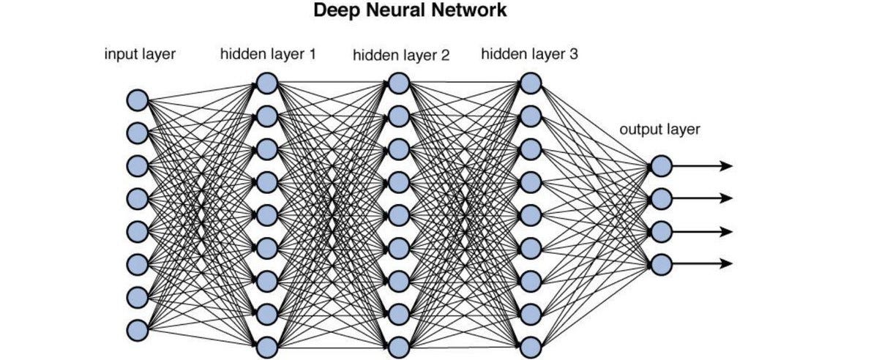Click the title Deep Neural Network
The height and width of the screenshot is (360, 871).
tap(410, 12)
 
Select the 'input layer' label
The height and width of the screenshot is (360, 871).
tap(140, 54)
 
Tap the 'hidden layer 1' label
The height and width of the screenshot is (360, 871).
tap(268, 54)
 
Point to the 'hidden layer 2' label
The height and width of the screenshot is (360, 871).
tap(400, 56)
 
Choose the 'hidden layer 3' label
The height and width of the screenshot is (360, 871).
tap(529, 54)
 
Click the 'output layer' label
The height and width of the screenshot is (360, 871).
tap(659, 130)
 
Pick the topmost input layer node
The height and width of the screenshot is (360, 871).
tap(137, 100)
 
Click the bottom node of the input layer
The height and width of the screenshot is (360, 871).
tap(137, 330)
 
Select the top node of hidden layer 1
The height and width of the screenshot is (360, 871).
tap(267, 83)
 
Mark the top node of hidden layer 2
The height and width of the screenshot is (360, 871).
tap(398, 83)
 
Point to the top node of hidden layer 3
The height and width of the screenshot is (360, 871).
tap(530, 83)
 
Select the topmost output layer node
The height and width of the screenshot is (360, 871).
tap(661, 166)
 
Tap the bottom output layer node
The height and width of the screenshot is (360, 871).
tap(661, 263)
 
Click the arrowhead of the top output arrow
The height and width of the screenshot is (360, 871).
tap(726, 166)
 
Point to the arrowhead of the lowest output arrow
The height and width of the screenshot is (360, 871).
tap(726, 263)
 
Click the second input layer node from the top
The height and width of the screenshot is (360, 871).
tap(137, 132)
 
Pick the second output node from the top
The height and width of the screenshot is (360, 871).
tap(661, 198)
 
